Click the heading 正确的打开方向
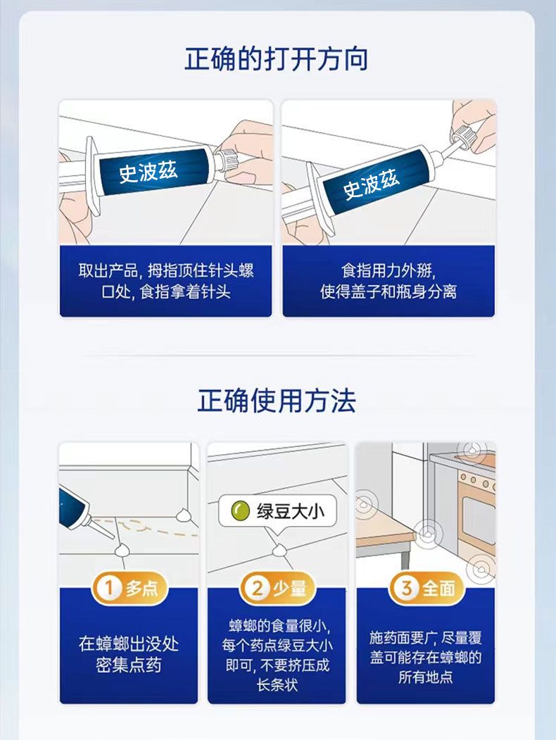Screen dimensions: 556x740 (277, 59)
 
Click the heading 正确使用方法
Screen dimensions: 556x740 (277, 401)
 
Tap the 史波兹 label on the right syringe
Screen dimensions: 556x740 (371, 184)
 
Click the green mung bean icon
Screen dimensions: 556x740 (241, 510)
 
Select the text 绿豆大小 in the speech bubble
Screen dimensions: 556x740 (291, 511)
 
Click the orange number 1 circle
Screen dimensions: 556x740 (109, 588)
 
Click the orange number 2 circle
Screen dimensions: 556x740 (258, 588)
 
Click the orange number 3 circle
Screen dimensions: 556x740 (406, 588)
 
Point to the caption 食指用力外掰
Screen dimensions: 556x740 (388, 271)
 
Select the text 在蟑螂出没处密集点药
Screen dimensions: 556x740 (129, 655)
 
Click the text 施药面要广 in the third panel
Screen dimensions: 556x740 (402, 638)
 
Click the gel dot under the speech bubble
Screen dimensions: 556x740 (280, 550)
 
